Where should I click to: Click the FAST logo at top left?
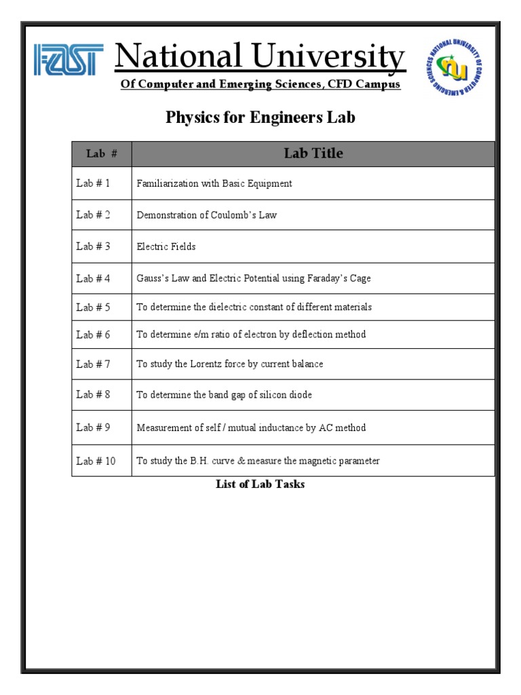(x=69, y=60)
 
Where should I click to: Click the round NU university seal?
(x=454, y=67)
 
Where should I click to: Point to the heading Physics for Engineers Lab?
(x=260, y=117)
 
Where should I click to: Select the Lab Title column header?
(x=313, y=153)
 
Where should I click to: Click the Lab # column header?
(x=102, y=154)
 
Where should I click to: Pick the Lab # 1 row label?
(x=93, y=183)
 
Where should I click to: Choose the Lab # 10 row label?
(x=96, y=461)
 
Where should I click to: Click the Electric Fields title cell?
(x=166, y=246)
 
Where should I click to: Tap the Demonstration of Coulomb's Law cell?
(x=207, y=215)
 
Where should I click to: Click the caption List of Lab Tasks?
(x=260, y=484)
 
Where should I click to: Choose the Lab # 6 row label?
(x=93, y=334)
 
